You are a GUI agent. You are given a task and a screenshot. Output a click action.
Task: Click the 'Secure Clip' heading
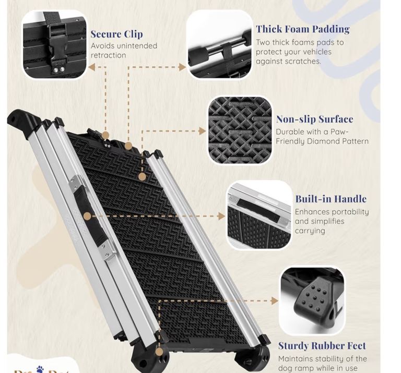(116, 34)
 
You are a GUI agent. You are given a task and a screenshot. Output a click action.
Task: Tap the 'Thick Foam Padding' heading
(302, 29)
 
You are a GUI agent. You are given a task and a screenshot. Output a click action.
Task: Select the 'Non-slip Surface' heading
(314, 119)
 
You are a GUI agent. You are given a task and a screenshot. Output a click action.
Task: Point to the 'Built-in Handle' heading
(331, 199)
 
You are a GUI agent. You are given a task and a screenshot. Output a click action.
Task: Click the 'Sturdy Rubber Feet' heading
(322, 345)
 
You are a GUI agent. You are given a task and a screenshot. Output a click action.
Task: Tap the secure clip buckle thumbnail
(54, 45)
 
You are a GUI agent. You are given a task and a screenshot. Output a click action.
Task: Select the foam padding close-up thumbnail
(219, 45)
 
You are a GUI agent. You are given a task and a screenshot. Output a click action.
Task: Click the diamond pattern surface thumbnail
(240, 130)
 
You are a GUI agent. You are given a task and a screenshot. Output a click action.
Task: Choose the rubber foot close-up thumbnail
(312, 300)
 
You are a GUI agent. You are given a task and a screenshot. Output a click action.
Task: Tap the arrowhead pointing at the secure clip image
(91, 67)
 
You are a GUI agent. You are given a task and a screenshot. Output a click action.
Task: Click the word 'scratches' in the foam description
(300, 61)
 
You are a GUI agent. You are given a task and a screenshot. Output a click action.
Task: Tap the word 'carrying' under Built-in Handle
(310, 231)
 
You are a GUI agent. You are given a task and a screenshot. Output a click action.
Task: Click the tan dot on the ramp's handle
(87, 215)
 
